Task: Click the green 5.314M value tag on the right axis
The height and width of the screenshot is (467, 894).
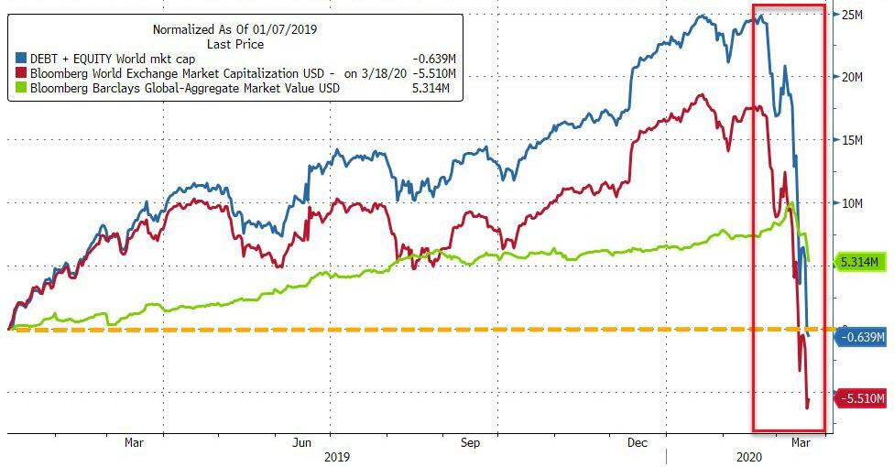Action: (861, 263)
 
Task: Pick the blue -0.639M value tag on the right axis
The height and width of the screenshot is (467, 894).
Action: (862, 338)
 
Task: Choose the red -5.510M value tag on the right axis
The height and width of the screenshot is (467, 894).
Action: (862, 398)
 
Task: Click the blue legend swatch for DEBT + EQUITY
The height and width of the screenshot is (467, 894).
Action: (21, 60)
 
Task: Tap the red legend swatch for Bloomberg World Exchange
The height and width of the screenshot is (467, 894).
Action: (21, 74)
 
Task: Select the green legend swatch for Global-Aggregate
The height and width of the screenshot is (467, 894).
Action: (21, 89)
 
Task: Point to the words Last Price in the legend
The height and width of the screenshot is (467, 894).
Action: (235, 44)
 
